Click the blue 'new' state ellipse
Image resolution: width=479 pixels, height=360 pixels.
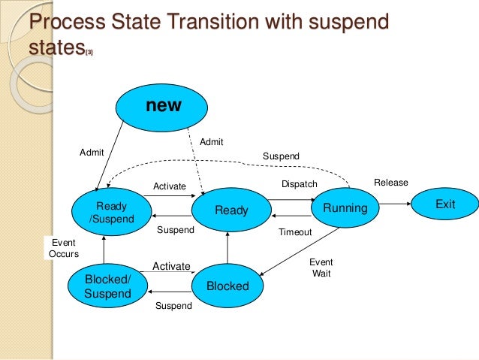click(x=163, y=106)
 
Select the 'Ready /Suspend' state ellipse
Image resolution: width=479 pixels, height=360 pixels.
click(x=107, y=213)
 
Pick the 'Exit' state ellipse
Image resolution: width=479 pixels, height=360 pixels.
click(x=444, y=204)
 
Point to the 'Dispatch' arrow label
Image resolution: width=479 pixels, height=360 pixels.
click(x=299, y=184)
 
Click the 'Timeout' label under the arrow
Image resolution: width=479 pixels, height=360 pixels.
click(x=294, y=232)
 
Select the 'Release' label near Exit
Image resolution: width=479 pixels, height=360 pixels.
click(x=390, y=183)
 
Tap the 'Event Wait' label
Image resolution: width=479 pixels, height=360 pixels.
click(x=321, y=268)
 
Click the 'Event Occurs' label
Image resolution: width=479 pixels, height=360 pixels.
click(x=63, y=249)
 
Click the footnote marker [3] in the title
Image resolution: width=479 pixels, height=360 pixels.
click(x=89, y=53)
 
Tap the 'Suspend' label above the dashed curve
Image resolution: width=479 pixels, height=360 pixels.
click(x=280, y=156)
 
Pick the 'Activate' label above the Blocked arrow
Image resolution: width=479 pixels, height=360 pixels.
click(x=171, y=266)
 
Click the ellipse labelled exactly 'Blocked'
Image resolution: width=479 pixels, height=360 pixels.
click(x=227, y=286)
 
